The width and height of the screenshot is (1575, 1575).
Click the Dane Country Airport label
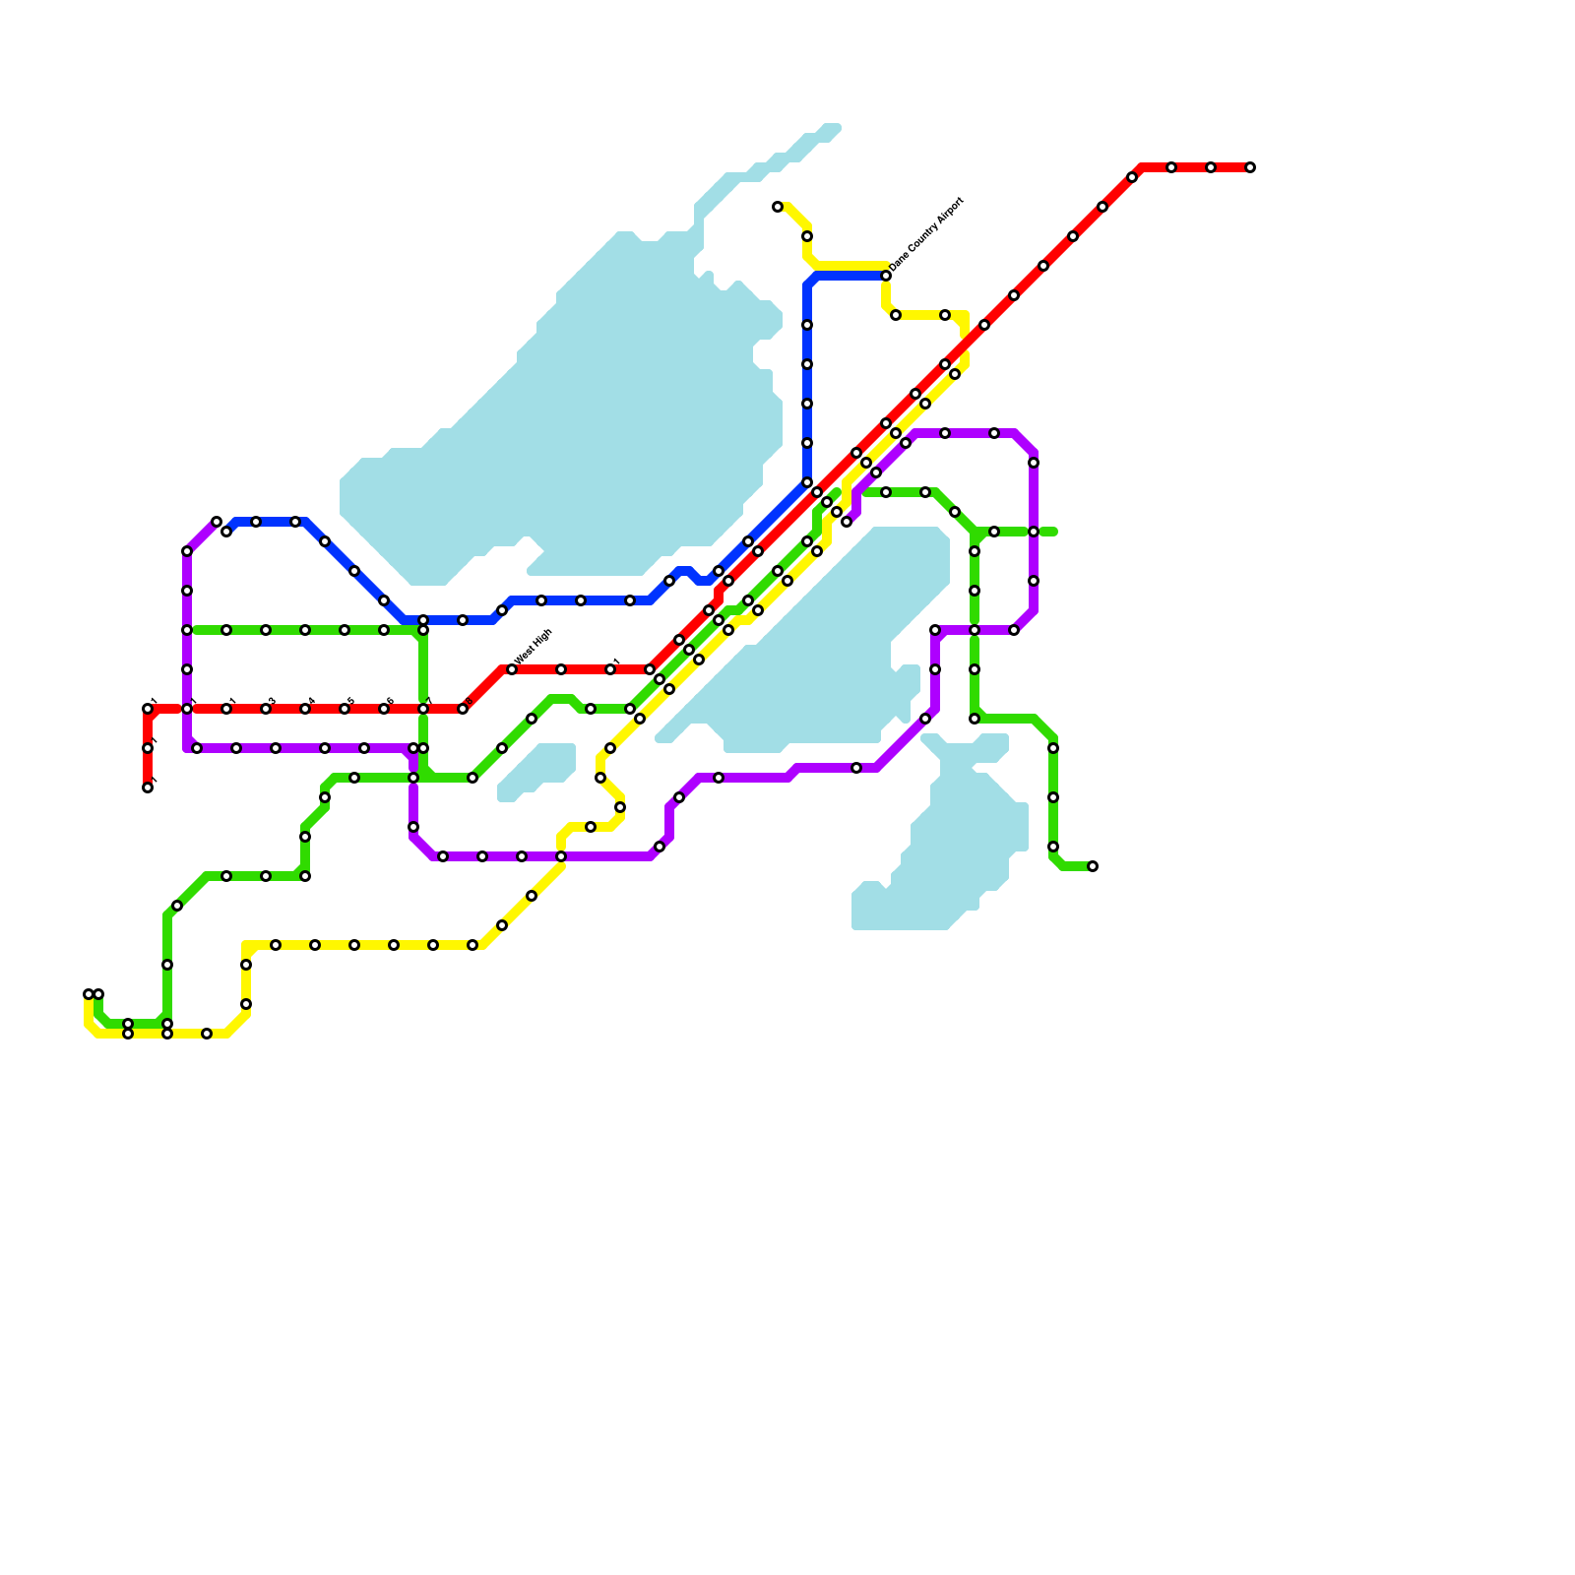926,235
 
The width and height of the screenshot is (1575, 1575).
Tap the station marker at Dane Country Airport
886,276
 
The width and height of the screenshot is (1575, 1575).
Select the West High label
534,647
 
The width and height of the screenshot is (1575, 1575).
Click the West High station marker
512,669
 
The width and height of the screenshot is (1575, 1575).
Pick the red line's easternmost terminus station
1250,167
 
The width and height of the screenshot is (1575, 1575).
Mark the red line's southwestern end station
148,787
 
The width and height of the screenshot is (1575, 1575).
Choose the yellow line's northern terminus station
778,207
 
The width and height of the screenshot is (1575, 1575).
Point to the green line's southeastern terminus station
1093,866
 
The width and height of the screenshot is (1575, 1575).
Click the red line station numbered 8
463,709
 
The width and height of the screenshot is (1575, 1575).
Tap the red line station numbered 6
384,709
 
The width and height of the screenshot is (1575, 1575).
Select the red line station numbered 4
305,709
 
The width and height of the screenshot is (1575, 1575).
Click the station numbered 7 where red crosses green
423,709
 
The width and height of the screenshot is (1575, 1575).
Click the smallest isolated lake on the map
536,773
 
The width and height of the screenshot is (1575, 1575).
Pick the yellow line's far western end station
89,994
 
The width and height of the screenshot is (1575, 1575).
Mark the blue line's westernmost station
226,532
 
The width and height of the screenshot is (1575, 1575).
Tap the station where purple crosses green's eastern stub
1034,532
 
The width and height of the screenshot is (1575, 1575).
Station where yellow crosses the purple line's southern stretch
561,856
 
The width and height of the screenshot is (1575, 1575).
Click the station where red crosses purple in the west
187,709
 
